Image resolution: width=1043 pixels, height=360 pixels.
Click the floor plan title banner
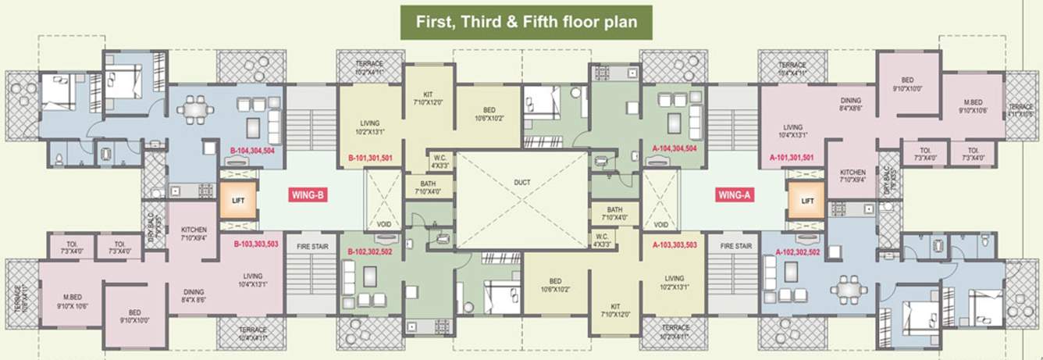(x=526, y=22)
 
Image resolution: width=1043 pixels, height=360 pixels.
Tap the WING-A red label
(x=734, y=195)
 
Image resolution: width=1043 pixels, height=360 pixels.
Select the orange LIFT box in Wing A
(x=807, y=201)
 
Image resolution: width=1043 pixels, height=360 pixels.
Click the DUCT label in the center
(x=522, y=183)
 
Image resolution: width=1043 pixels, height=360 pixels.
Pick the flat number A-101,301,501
(x=792, y=158)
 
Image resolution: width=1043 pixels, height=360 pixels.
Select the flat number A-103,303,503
(x=674, y=244)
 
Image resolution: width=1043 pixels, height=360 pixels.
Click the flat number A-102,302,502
(x=798, y=251)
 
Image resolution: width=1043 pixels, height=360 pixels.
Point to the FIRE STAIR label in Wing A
(x=735, y=246)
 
